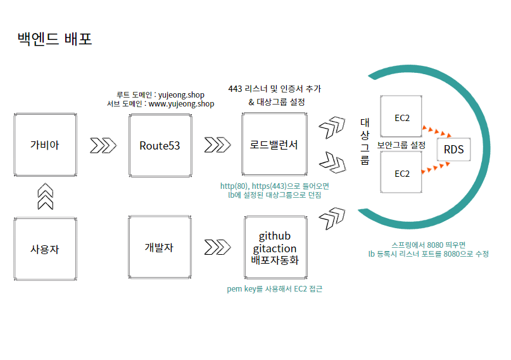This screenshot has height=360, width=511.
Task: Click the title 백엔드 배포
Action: point(55,39)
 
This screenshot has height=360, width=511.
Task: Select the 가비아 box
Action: point(45,145)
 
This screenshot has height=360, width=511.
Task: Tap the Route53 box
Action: point(160,145)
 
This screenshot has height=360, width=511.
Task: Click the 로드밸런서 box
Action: point(274,145)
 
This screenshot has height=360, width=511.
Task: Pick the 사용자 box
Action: point(45,248)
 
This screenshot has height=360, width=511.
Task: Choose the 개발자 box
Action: point(159,247)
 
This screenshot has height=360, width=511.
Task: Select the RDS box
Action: point(453,150)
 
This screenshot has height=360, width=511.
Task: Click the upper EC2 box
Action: point(402,117)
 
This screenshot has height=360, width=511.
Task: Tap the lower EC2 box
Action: point(402,173)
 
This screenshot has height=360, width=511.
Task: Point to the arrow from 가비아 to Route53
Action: point(103,145)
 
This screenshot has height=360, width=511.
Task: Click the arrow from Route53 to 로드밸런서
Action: point(217,145)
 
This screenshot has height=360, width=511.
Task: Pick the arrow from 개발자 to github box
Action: point(217,246)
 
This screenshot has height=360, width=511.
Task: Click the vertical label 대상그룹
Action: point(365,141)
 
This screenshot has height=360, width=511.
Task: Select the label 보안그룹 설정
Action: point(401,145)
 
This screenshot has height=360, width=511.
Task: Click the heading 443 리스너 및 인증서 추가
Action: point(279,89)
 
